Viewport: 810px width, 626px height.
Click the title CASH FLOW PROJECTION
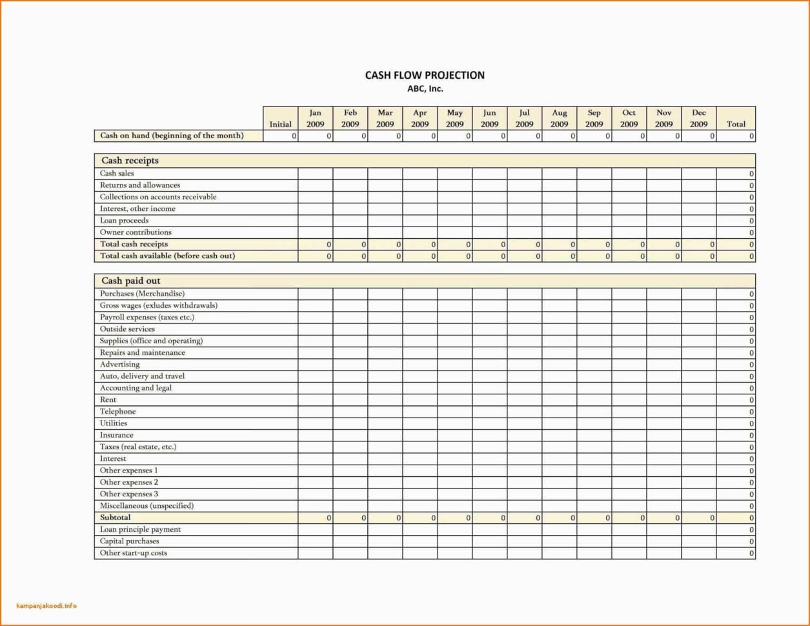425,76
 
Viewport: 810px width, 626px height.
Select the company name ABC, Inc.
425,89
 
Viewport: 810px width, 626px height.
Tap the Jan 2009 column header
315,118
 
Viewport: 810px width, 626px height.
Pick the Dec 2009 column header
698,118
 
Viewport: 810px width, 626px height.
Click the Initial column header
280,124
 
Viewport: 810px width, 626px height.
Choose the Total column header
736,124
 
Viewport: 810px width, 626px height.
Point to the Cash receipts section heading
130,161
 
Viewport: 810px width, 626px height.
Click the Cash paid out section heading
131,281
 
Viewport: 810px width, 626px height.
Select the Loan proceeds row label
124,221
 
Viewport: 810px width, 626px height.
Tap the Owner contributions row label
136,232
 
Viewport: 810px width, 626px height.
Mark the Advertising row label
119,365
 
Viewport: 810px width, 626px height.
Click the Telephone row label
117,412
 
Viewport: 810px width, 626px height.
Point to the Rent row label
108,400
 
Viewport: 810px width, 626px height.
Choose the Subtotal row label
115,518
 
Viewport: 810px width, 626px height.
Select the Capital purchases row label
129,541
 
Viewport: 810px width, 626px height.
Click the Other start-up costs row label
133,553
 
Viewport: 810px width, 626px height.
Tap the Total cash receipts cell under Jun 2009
489,245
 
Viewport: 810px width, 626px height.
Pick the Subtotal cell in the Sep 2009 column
594,518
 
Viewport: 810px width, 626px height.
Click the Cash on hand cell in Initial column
280,136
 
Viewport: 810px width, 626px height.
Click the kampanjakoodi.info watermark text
46,606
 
